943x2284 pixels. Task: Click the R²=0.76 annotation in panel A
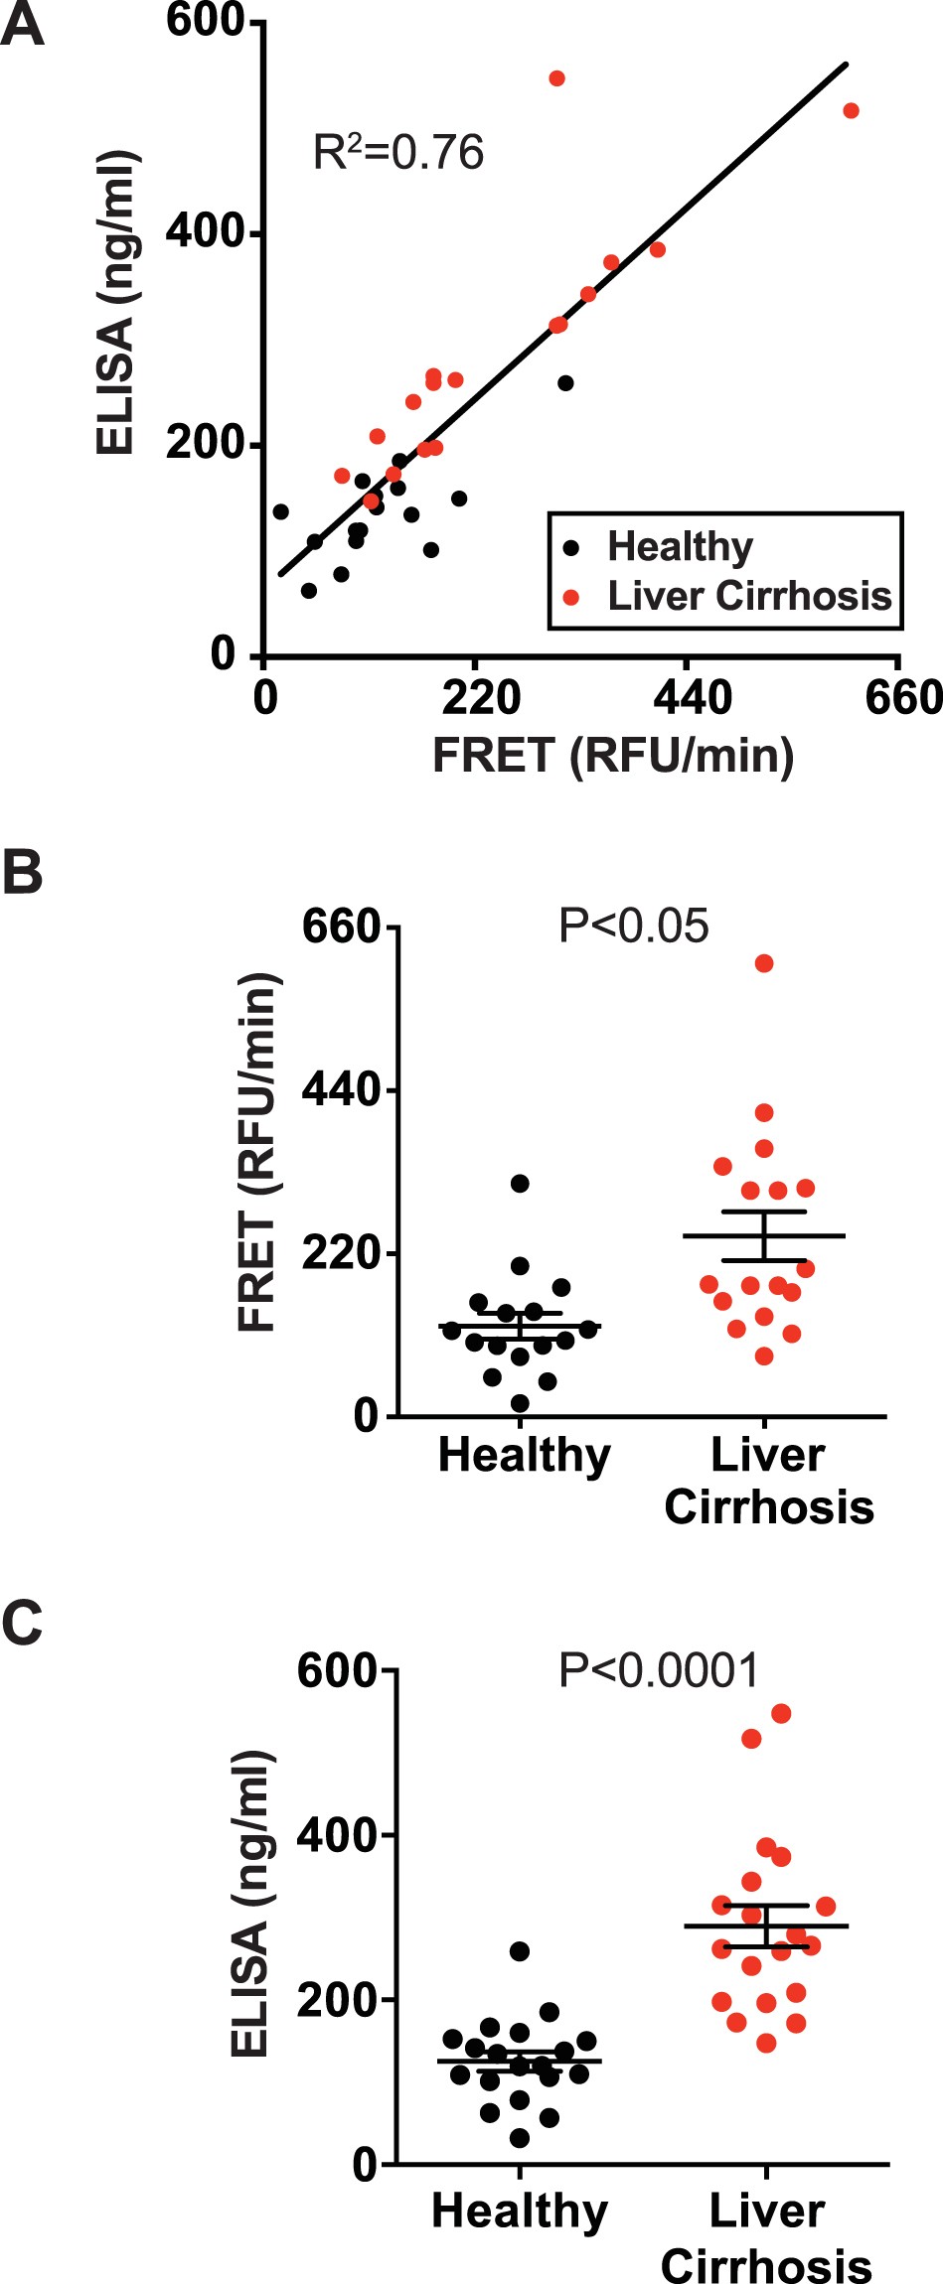[x=397, y=153]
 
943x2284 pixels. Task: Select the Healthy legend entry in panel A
[x=680, y=546]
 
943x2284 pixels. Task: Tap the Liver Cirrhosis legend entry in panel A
[x=749, y=596]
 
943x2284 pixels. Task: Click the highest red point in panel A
[x=556, y=78]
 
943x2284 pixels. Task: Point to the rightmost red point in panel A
[x=851, y=110]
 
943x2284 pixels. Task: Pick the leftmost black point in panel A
[x=281, y=511]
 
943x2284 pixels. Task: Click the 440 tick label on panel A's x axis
[x=692, y=698]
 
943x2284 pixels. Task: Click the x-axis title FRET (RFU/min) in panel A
[x=613, y=756]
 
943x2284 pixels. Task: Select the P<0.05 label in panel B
[x=633, y=926]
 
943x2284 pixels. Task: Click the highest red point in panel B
[x=764, y=963]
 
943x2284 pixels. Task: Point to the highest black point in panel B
[x=520, y=1183]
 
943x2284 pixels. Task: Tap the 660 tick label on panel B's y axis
[x=342, y=927]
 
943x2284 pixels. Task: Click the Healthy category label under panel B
[x=525, y=1456]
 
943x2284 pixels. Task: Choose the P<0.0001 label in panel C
[x=659, y=1670]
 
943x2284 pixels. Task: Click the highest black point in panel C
[x=520, y=1951]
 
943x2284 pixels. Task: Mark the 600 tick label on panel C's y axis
[x=337, y=1670]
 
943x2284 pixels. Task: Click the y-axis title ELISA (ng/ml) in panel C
[x=249, y=1904]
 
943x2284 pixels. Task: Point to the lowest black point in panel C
[x=520, y=2138]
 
